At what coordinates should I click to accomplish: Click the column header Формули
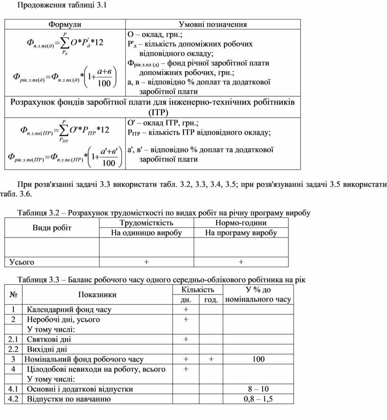pyautogui.click(x=65, y=24)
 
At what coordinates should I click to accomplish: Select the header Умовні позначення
pyautogui.click(x=212, y=24)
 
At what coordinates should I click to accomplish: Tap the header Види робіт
pyautogui.click(x=52, y=228)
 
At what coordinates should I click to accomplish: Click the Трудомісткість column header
pyautogui.click(x=146, y=223)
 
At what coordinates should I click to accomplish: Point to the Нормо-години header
pyautogui.click(x=241, y=223)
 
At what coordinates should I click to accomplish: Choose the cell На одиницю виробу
pyautogui.click(x=146, y=233)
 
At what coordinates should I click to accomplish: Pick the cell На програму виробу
pyautogui.click(x=241, y=233)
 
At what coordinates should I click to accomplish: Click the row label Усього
pyautogui.click(x=22, y=261)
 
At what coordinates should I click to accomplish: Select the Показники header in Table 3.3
pyautogui.click(x=97, y=294)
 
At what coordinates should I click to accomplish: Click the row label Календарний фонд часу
pyautogui.click(x=69, y=309)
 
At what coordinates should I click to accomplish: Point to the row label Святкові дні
pyautogui.click(x=49, y=339)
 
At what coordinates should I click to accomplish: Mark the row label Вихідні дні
pyautogui.click(x=47, y=349)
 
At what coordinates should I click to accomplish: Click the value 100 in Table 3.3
pyautogui.click(x=258, y=359)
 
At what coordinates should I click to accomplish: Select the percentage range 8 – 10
pyautogui.click(x=258, y=389)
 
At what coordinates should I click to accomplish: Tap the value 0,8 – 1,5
pyautogui.click(x=258, y=399)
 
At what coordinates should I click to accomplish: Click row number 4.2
pyautogui.click(x=13, y=399)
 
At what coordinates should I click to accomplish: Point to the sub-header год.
pyautogui.click(x=211, y=299)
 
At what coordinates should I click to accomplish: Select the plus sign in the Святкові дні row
pyautogui.click(x=186, y=339)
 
